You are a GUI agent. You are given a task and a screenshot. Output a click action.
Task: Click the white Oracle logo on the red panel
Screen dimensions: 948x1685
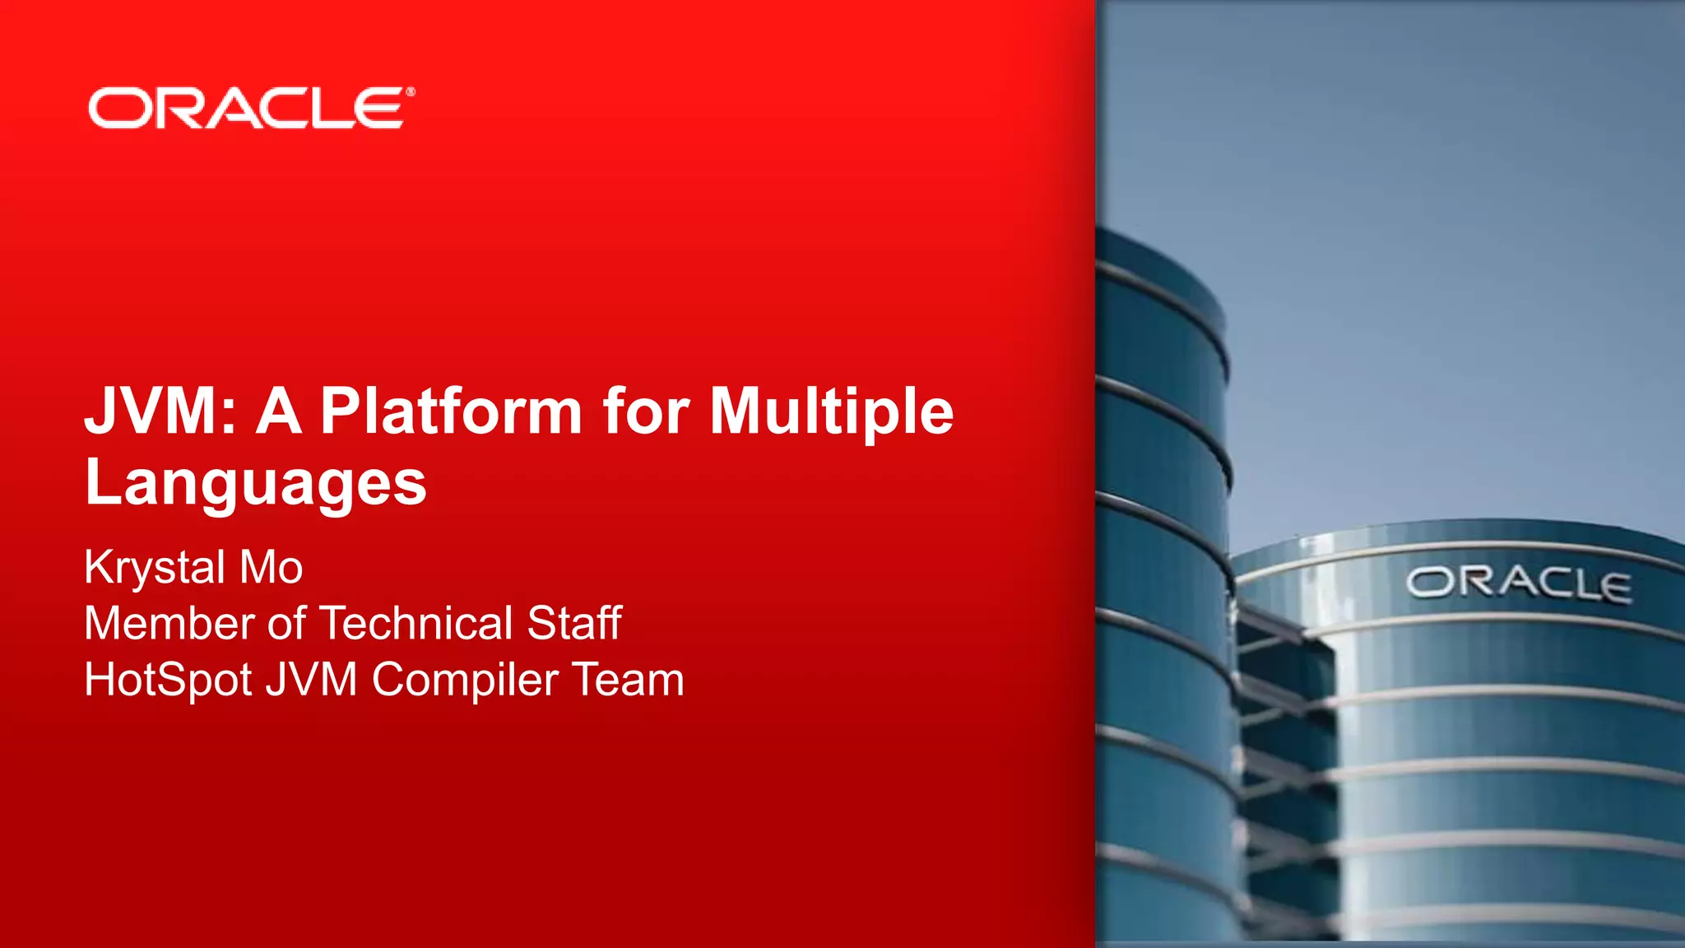pyautogui.click(x=247, y=109)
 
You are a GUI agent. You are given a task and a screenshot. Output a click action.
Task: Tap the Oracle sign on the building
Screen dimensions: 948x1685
pyautogui.click(x=1518, y=584)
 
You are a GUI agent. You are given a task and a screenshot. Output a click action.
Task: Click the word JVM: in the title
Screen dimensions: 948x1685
pyautogui.click(x=160, y=411)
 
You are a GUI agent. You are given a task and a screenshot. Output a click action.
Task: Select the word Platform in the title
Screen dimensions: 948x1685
pyautogui.click(x=451, y=411)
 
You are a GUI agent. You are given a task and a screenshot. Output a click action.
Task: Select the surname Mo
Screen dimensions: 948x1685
pyautogui.click(x=272, y=567)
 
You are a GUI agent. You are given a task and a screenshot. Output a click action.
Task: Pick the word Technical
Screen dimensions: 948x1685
pyautogui.click(x=415, y=623)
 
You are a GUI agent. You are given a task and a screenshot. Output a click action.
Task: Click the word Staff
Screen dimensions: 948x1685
pyautogui.click(x=574, y=623)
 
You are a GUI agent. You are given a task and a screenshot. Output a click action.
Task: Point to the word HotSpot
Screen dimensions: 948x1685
pyautogui.click(x=168, y=681)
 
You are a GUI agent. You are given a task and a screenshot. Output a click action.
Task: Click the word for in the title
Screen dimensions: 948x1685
pyautogui.click(x=647, y=411)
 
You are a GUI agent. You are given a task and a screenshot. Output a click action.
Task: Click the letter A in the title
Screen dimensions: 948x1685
pyautogui.click(x=279, y=411)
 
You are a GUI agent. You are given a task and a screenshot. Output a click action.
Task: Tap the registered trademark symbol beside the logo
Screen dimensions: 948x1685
pyautogui.click(x=411, y=92)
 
